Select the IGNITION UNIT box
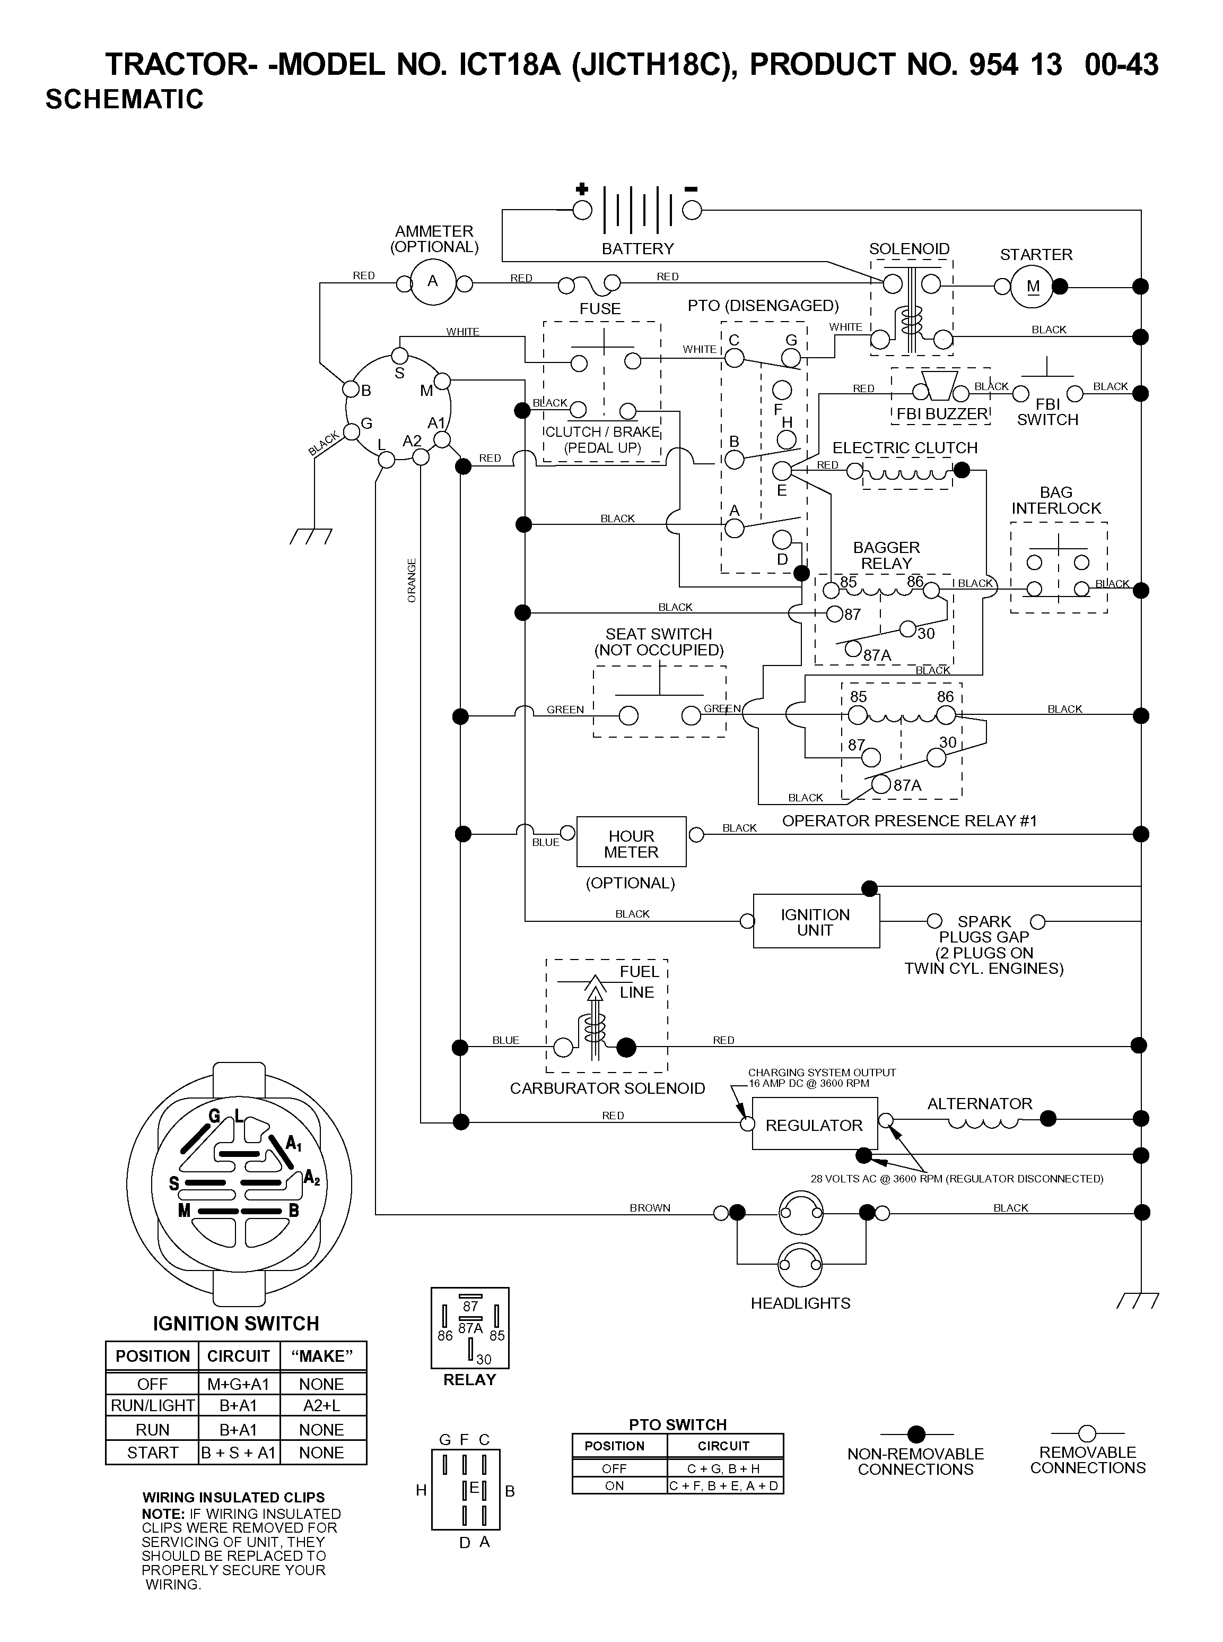(x=816, y=921)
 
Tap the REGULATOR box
(x=814, y=1124)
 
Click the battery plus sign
(x=582, y=189)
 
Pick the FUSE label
(x=600, y=308)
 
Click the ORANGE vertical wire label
(x=412, y=580)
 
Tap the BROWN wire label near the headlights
(x=650, y=1208)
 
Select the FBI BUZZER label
(x=942, y=414)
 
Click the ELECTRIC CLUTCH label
(x=905, y=447)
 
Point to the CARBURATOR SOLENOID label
(x=607, y=1088)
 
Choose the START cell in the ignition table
(x=153, y=1453)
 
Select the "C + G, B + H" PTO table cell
(x=724, y=1468)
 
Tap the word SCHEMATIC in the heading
(x=125, y=99)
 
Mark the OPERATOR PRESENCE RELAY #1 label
(x=910, y=820)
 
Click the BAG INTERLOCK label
(x=1056, y=500)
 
